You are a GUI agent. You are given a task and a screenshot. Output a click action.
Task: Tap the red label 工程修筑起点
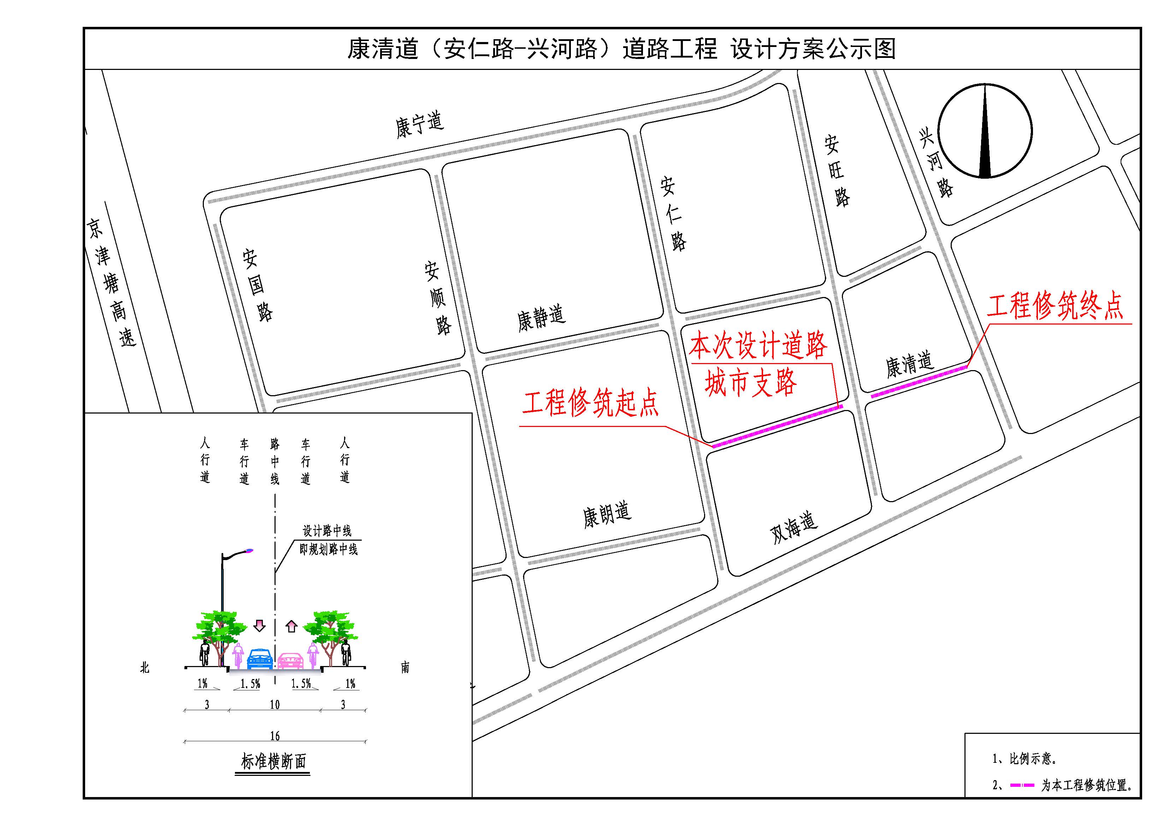pos(591,403)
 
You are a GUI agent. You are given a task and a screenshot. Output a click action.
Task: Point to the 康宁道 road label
pos(420,124)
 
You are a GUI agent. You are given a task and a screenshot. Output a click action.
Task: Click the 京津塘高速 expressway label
pos(111,283)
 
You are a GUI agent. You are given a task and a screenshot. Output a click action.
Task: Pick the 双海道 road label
pos(793,527)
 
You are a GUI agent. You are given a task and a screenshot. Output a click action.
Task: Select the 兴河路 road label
pos(936,163)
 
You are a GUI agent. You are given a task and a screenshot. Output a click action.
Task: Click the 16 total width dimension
pos(275,736)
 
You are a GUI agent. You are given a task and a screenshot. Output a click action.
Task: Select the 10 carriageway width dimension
pos(275,705)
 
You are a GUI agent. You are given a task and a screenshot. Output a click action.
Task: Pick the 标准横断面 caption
pos(273,762)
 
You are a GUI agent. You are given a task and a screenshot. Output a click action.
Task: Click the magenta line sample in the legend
pos(1022,785)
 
